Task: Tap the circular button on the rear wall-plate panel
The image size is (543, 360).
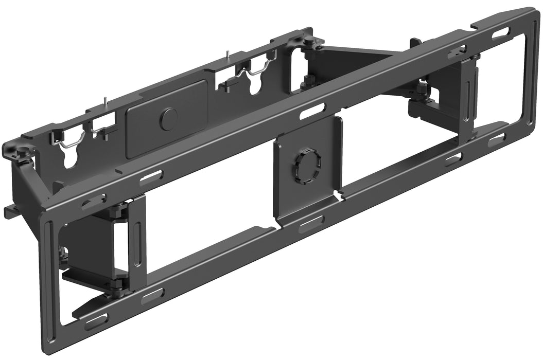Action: point(168,119)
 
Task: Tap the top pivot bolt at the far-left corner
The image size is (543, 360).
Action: point(23,151)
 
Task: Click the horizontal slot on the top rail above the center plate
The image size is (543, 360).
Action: point(313,111)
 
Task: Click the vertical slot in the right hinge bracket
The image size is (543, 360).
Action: point(466,101)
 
